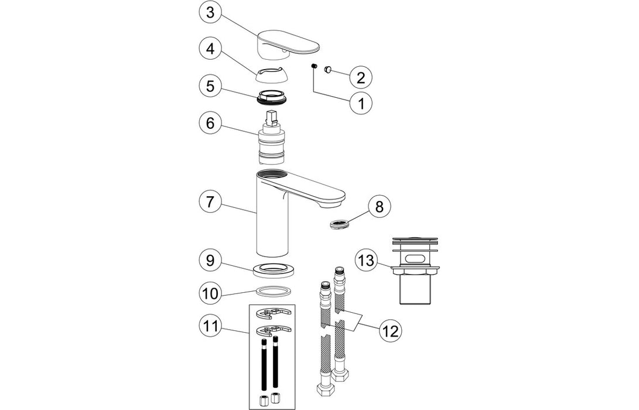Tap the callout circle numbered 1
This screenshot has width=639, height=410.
tap(361, 104)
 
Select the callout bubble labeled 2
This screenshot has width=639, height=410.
tap(361, 76)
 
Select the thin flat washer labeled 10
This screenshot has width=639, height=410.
tap(274, 292)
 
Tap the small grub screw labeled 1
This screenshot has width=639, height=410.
tap(313, 66)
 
